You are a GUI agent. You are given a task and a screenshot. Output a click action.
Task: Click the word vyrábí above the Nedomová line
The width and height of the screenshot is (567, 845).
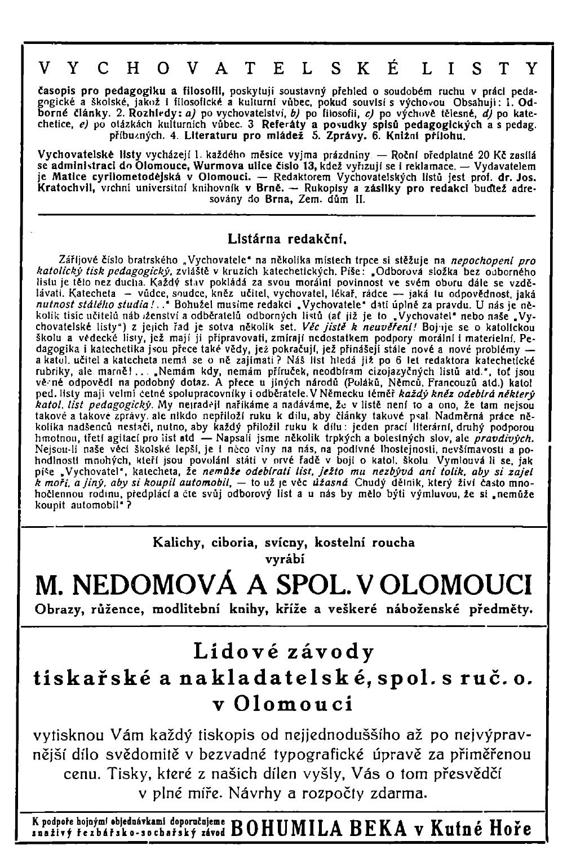(285, 559)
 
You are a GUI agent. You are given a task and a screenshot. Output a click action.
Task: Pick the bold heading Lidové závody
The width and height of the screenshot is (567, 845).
(283, 651)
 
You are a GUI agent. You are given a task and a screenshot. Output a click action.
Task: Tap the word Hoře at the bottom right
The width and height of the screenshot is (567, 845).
(512, 826)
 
